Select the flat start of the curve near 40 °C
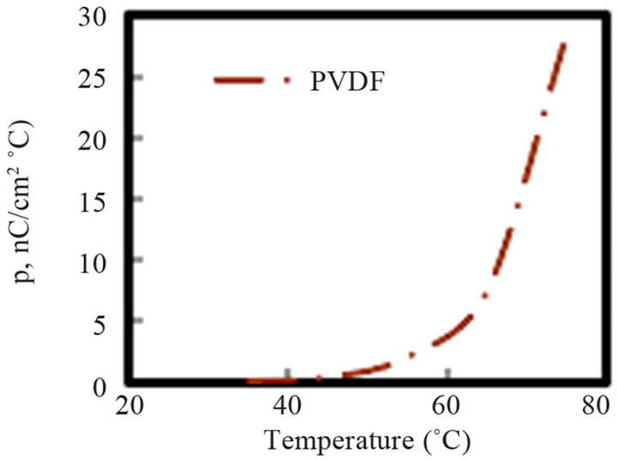(x=274, y=379)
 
